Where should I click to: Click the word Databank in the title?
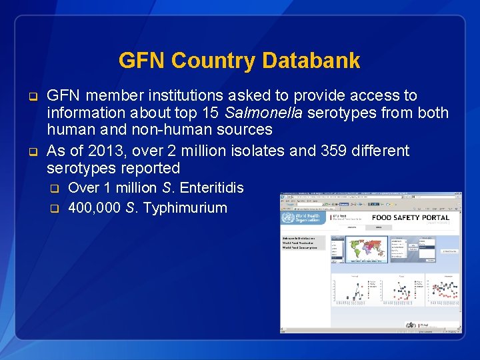311,61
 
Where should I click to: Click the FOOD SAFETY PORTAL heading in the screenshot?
410,218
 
